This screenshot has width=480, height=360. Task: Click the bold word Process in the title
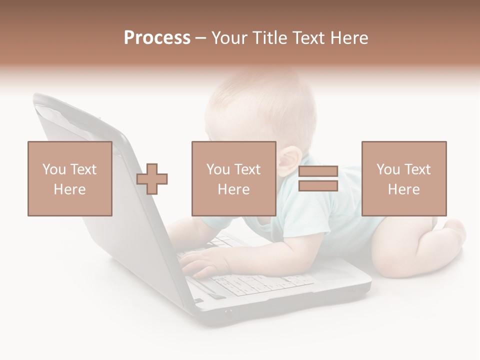(157, 37)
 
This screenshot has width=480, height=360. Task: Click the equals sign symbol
(318, 178)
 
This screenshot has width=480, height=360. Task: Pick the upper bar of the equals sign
(318, 171)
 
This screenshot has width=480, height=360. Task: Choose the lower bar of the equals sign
(318, 186)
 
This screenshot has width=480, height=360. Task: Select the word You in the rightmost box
(388, 169)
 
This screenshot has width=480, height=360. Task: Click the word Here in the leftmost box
(69, 189)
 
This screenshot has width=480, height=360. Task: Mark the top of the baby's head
(260, 80)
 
